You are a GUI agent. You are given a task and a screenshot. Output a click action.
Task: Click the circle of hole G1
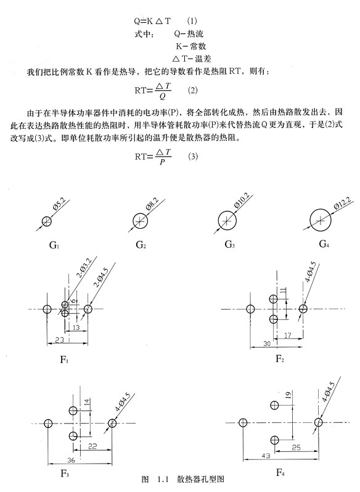pyautogui.click(x=43, y=221)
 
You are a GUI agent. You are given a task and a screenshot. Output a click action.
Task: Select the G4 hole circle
pyautogui.click(x=311, y=221)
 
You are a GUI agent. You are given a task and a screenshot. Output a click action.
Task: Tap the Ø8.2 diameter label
pyautogui.click(x=152, y=204)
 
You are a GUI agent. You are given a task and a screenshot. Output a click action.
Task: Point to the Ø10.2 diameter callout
pyautogui.click(x=242, y=200)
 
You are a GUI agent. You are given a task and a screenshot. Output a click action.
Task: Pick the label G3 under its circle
pyautogui.click(x=229, y=244)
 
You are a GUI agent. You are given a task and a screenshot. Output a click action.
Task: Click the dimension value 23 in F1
pyautogui.click(x=60, y=340)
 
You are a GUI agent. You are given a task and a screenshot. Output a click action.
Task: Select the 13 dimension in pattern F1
pyautogui.click(x=76, y=327)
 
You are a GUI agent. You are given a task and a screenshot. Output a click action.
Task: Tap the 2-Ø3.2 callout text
pyautogui.click(x=83, y=269)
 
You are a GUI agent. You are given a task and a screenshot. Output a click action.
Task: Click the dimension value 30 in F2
pyautogui.click(x=267, y=343)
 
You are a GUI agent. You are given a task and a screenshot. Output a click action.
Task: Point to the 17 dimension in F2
pyautogui.click(x=287, y=335)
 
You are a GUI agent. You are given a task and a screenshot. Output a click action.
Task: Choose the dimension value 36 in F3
pyautogui.click(x=71, y=461)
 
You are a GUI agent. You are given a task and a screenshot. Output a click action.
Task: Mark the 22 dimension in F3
pyautogui.click(x=92, y=446)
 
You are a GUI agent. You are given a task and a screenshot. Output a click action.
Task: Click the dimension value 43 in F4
pyautogui.click(x=266, y=456)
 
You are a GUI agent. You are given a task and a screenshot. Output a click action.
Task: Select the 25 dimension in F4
pyautogui.click(x=296, y=448)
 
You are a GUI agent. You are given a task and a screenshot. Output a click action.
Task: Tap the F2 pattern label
pyautogui.click(x=280, y=359)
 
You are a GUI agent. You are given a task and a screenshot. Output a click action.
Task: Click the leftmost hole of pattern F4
pyautogui.click(x=243, y=423)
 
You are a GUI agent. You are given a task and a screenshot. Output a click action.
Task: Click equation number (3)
pyautogui.click(x=193, y=156)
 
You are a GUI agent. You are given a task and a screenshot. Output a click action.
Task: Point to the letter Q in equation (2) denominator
pyautogui.click(x=163, y=96)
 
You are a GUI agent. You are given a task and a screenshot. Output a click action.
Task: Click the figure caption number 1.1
pyautogui.click(x=163, y=479)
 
